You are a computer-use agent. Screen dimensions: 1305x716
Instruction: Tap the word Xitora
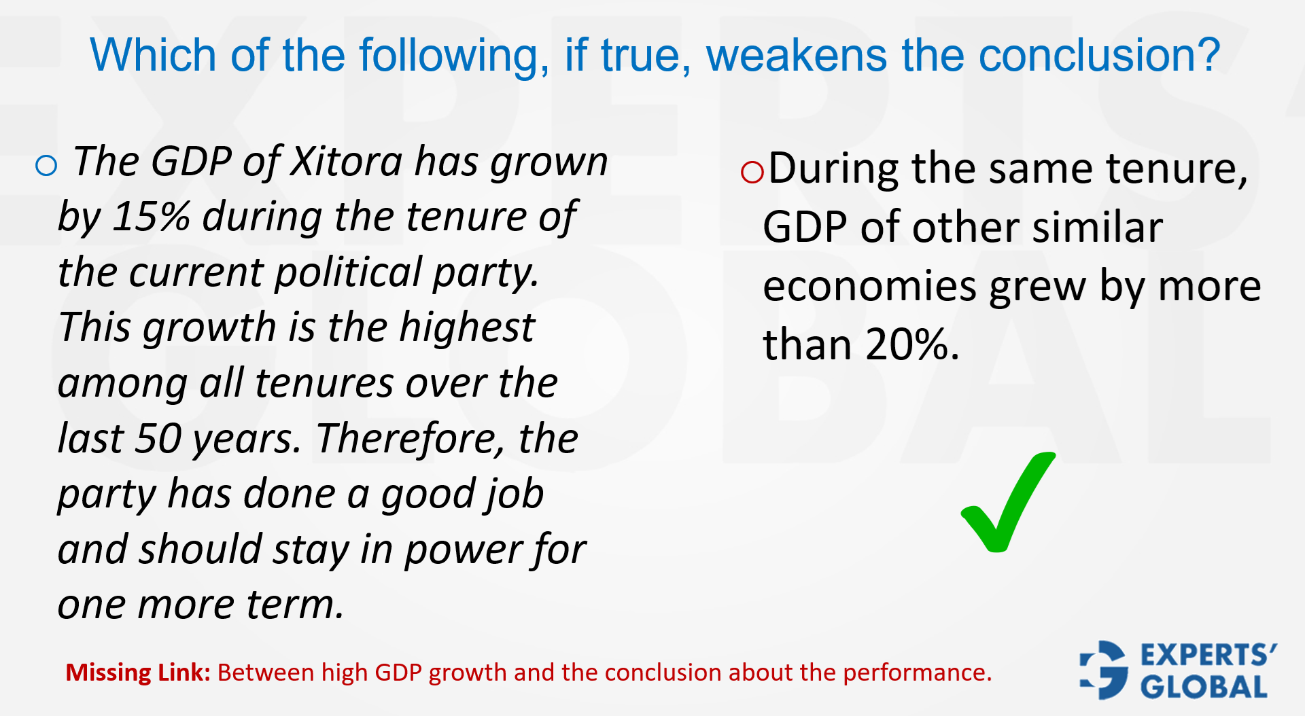pos(347,162)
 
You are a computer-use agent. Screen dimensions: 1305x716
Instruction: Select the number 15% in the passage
pos(151,217)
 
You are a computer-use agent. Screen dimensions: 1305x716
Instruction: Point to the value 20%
pos(907,344)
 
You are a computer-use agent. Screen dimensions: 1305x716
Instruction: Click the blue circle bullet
pos(46,165)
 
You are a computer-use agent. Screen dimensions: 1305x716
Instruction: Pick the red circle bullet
pos(752,172)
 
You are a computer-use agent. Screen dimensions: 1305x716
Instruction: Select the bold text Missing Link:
pos(138,673)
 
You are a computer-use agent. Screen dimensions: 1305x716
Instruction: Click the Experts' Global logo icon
pos(1104,670)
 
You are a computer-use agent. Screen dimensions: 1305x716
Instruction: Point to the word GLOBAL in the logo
pos(1204,687)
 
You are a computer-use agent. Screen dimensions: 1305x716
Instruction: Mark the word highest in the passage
pos(467,327)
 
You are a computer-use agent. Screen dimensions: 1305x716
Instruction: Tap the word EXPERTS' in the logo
pos(1208,655)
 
